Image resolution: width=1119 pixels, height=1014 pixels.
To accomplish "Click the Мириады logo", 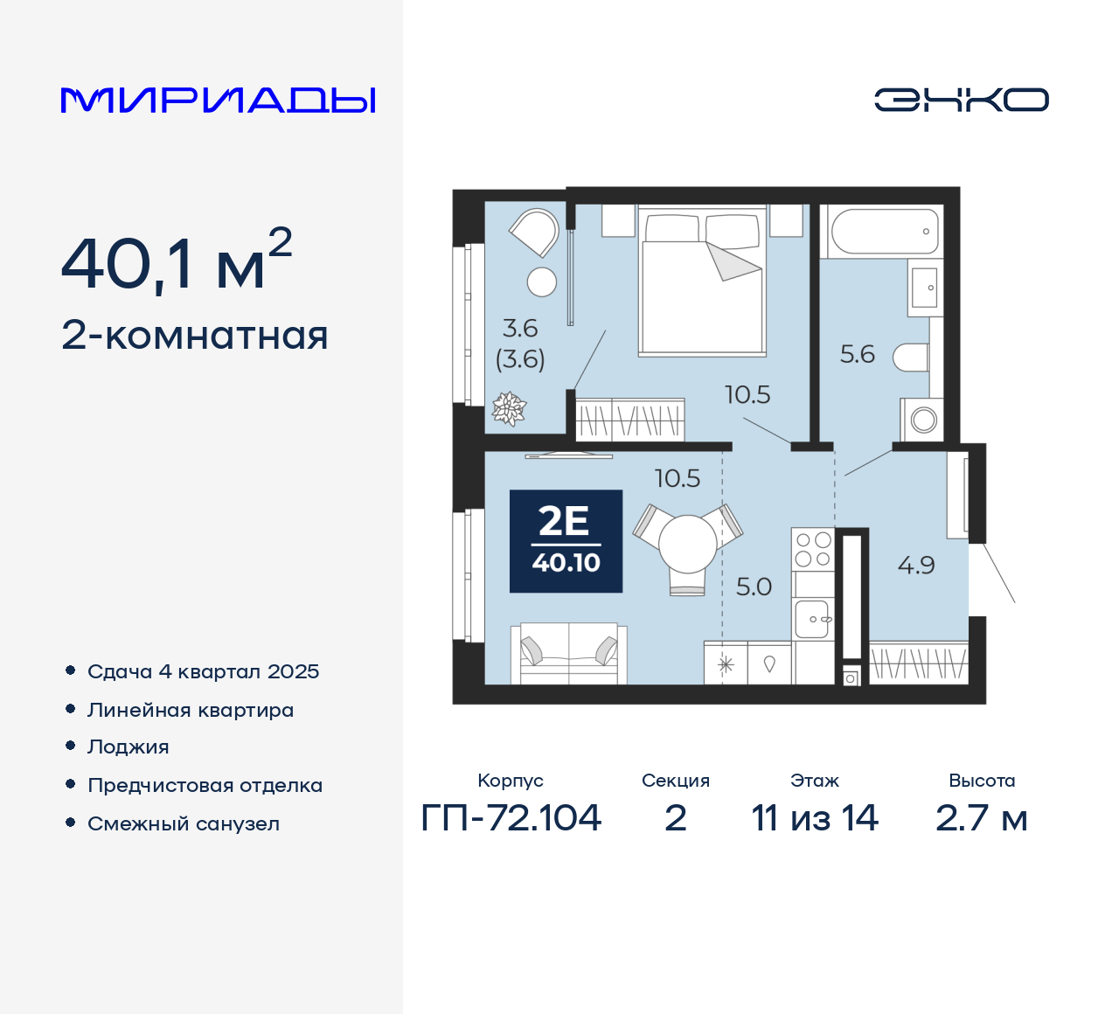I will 218,100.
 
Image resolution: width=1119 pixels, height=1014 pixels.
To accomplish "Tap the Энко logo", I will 961,100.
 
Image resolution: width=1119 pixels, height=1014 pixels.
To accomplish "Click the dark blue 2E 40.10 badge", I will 566,541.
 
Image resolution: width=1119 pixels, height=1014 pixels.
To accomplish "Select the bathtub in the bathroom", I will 885,231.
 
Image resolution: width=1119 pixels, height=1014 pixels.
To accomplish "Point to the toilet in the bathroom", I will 911,357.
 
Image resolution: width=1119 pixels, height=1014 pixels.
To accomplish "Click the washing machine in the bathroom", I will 923,420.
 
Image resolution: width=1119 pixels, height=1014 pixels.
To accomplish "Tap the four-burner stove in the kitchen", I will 813,550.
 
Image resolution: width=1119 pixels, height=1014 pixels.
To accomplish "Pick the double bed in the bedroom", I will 702,282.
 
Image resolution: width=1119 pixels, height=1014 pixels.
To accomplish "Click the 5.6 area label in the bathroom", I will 857,354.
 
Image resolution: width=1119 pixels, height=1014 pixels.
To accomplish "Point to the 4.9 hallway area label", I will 916,566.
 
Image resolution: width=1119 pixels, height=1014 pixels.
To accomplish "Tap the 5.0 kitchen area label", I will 754,587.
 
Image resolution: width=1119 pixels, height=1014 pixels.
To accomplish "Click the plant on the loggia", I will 509,407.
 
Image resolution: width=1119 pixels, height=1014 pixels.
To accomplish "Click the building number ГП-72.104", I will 511,818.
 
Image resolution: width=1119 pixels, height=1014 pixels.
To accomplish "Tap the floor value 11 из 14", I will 815,818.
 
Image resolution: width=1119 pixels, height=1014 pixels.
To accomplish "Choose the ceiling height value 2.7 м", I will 981,818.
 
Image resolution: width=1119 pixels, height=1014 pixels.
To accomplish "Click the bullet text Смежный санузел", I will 184,823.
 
